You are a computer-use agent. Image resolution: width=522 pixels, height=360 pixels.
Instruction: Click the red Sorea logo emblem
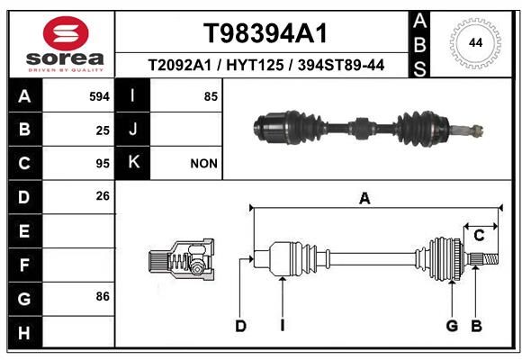pos(66,33)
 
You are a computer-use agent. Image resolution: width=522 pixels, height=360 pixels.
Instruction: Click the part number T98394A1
pos(265,33)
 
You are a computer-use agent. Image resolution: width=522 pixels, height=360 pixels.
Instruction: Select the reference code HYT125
pos(255,65)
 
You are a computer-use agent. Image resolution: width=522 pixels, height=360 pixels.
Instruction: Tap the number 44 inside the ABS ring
pos(475,42)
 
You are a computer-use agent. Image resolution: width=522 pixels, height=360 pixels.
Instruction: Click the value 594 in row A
pos(99,96)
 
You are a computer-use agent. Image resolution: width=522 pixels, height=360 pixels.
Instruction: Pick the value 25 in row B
pos(103,130)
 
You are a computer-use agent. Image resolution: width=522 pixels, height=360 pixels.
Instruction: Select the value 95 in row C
pos(103,164)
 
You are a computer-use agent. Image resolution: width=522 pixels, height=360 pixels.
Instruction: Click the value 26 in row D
pos(103,196)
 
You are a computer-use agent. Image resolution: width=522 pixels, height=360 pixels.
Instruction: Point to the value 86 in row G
pos(103,296)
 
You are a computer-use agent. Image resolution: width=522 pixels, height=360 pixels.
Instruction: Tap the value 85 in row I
pos(211,96)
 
